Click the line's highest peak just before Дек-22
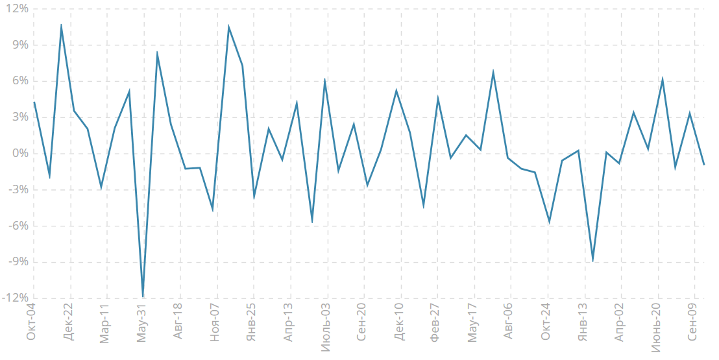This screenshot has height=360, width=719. pyautogui.click(x=61, y=25)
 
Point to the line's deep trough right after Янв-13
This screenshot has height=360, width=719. pyautogui.click(x=592, y=261)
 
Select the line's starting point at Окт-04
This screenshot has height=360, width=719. pyautogui.click(x=34, y=102)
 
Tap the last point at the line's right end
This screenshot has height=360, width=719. pyautogui.click(x=704, y=165)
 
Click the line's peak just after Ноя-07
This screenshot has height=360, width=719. pyautogui.click(x=228, y=27)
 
